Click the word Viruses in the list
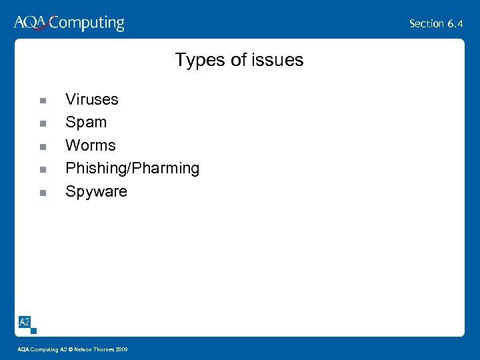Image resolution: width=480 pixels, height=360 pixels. tap(91, 100)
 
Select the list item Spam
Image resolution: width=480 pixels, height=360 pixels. tap(85, 123)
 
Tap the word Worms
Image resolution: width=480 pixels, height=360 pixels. tap(90, 145)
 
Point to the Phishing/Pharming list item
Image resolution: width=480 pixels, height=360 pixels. tap(132, 169)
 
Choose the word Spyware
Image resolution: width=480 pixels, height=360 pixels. tap(96, 192)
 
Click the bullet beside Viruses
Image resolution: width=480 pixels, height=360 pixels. tap(42, 101)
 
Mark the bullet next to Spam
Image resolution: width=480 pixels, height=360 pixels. tap(42, 124)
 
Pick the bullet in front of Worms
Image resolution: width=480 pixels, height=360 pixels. tap(42, 147)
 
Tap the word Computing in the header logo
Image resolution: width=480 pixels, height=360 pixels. tap(87, 24)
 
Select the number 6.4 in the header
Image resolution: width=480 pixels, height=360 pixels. tap(455, 24)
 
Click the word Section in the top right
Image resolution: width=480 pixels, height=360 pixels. tap(427, 24)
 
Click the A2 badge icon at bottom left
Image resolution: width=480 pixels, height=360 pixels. tap(25, 322)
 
